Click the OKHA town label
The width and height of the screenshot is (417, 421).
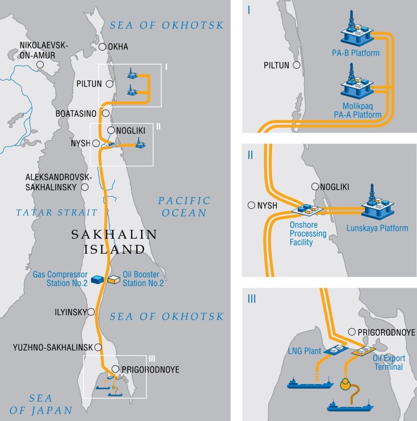pyautogui.click(x=118, y=47)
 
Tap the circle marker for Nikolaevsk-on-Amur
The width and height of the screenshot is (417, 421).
pyautogui.click(x=40, y=65)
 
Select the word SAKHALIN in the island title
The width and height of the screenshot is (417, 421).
pyautogui.click(x=114, y=235)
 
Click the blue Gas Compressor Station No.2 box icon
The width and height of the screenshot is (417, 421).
pyautogui.click(x=97, y=280)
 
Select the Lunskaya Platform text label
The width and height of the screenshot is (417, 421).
pyautogui.click(x=377, y=228)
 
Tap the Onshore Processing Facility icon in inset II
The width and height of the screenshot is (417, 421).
pyautogui.click(x=308, y=209)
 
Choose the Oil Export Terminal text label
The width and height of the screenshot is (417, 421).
pyautogui.click(x=388, y=363)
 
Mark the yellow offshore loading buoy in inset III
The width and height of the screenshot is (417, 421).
pyautogui.click(x=345, y=385)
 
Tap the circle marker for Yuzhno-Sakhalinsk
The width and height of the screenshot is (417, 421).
pyautogui.click(x=97, y=347)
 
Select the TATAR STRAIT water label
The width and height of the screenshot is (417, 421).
pyautogui.click(x=56, y=212)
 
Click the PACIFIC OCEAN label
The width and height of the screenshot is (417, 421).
pyautogui.click(x=185, y=206)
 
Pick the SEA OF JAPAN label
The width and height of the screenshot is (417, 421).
pyautogui.click(x=40, y=404)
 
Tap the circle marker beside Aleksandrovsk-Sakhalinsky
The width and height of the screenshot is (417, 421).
pyautogui.click(x=85, y=187)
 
